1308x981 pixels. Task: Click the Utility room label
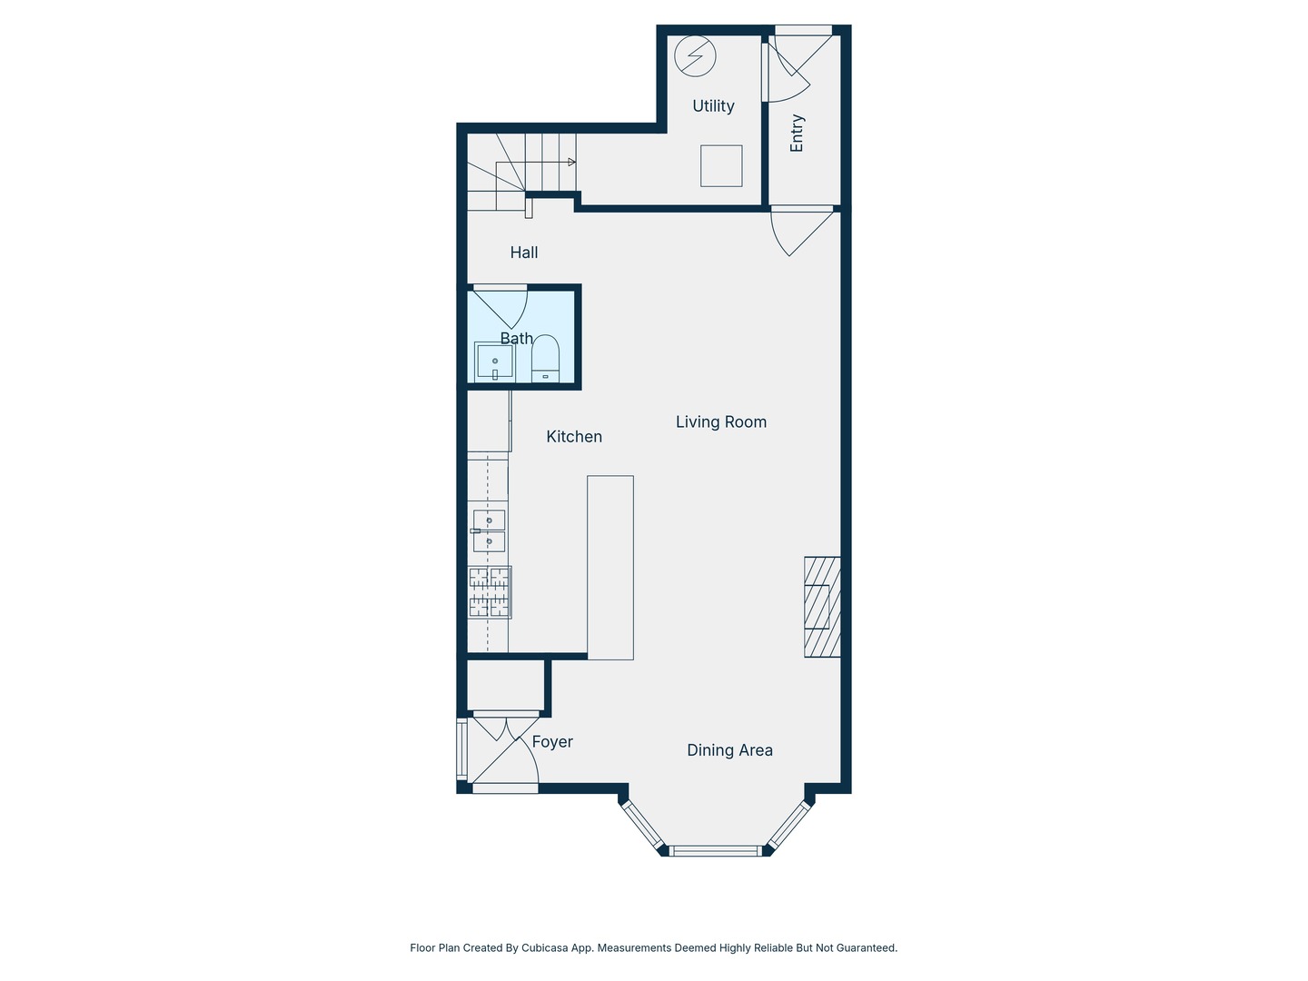(713, 106)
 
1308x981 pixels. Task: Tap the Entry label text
(797, 133)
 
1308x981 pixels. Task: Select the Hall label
(523, 253)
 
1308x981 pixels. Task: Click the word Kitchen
(573, 437)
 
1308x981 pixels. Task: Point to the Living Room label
(720, 421)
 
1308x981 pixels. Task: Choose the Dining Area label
(729, 750)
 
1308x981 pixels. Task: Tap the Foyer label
(552, 742)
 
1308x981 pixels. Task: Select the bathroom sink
(494, 362)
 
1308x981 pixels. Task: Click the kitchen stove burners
(490, 592)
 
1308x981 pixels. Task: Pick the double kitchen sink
(489, 531)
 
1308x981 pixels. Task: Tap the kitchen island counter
(609, 567)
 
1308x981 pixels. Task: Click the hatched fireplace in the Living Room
(821, 607)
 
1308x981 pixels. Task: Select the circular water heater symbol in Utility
(695, 57)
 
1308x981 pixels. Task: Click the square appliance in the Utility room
(721, 166)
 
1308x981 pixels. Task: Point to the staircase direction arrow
(570, 163)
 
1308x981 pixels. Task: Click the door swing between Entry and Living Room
(796, 231)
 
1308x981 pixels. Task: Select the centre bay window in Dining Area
(715, 851)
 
